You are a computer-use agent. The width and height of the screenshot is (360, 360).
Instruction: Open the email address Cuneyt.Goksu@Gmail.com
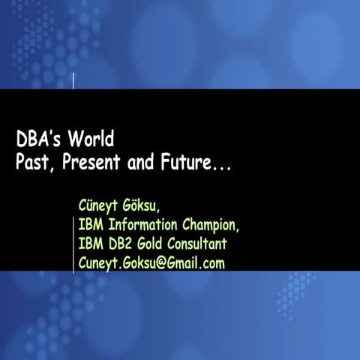[x=151, y=263]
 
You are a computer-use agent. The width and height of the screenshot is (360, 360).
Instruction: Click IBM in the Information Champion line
[x=91, y=224]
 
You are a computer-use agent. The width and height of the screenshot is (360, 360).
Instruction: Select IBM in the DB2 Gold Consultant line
[x=91, y=244]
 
